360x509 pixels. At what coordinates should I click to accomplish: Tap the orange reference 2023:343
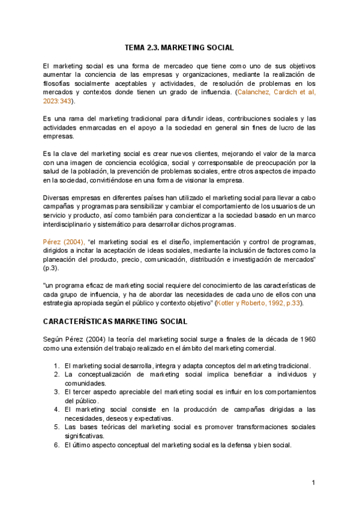click(58, 101)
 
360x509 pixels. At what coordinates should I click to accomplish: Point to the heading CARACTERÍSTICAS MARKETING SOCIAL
click(115, 322)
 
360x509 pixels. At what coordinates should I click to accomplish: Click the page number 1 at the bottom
click(313, 483)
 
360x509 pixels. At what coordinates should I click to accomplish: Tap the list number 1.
click(55, 366)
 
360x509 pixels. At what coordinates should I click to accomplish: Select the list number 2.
click(55, 375)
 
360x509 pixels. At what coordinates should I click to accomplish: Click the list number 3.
click(55, 392)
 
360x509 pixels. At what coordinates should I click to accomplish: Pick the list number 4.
click(55, 409)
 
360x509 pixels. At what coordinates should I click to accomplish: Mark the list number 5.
click(55, 427)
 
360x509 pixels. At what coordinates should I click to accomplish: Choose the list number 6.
click(55, 445)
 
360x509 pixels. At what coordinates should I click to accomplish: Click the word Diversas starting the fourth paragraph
click(58, 197)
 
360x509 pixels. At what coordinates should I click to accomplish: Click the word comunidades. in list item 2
click(86, 383)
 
